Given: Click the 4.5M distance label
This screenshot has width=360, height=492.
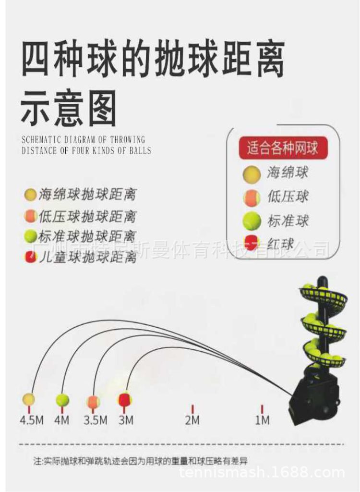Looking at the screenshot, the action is click(31, 420).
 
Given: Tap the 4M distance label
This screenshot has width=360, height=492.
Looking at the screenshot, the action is click(62, 420).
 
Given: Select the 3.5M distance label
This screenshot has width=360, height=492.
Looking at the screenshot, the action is click(95, 420).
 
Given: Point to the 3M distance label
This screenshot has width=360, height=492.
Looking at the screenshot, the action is click(126, 420).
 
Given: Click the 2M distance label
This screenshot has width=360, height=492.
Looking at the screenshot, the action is click(192, 420).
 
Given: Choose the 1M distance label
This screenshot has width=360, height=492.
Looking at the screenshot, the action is click(262, 420).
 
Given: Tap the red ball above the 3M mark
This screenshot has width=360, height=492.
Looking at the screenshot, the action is click(125, 399).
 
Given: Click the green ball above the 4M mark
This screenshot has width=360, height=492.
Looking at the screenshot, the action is click(62, 400).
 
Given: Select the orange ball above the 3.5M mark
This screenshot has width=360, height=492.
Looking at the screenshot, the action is click(93, 402).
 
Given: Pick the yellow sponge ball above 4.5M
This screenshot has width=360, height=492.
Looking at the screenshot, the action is click(29, 399).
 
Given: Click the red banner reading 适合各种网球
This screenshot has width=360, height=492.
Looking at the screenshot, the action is click(282, 147).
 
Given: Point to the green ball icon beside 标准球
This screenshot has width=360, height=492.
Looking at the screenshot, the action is click(252, 221).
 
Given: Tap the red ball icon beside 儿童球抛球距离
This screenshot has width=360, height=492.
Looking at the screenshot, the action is click(30, 257).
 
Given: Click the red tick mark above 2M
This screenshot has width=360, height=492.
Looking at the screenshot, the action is click(192, 409).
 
